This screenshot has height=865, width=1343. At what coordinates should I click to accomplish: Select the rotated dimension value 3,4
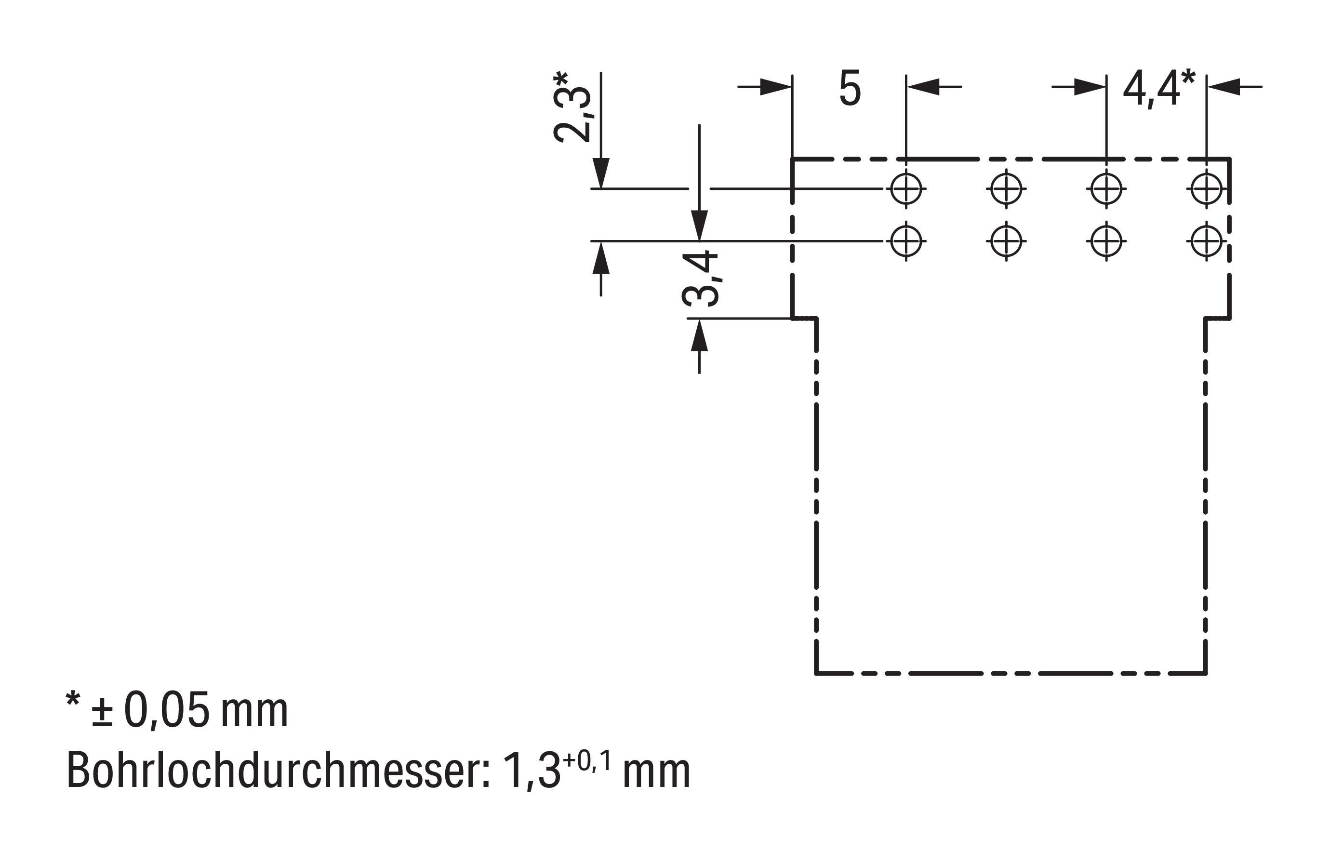click(x=700, y=279)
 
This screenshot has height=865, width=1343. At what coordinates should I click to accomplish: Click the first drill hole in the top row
click(x=905, y=189)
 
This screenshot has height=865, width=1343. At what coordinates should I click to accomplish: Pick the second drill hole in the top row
click(x=1006, y=189)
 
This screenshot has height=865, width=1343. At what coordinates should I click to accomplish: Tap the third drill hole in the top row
click(x=1106, y=189)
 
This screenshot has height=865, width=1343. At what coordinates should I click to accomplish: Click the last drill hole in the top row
click(x=1206, y=189)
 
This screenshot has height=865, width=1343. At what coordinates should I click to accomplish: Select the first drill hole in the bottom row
click(x=905, y=241)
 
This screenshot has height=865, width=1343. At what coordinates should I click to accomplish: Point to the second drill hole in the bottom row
click(x=1006, y=241)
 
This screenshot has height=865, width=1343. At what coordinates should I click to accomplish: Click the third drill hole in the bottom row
click(x=1106, y=241)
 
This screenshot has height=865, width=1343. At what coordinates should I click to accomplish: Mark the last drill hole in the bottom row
click(x=1206, y=241)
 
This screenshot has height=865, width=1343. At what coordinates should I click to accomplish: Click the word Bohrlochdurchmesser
click(x=278, y=771)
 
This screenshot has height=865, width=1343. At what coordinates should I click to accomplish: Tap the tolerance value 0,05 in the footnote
click(x=167, y=710)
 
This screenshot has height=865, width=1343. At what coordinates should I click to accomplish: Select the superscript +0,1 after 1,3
click(x=586, y=761)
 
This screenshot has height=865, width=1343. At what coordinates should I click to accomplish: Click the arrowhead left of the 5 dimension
click(x=776, y=87)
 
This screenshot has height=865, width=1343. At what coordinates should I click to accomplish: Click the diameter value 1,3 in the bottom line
click(x=532, y=771)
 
